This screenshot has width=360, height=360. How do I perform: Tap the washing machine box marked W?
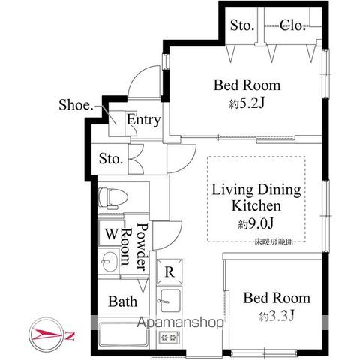[111, 233]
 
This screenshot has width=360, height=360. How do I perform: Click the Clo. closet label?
[292, 26]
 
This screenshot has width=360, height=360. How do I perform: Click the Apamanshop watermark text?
[177, 325]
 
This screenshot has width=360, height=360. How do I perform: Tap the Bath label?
[122, 301]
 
